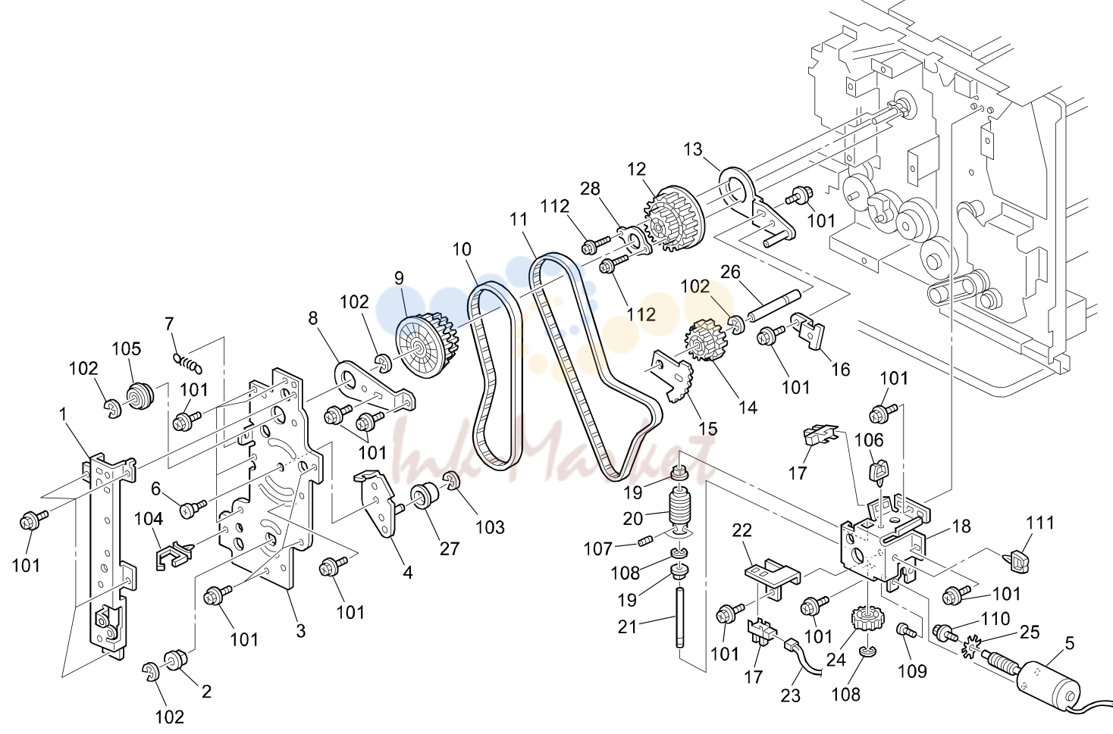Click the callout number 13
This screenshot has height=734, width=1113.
click(693, 149)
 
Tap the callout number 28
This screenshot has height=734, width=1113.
click(590, 189)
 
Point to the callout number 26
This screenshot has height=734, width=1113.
click(730, 273)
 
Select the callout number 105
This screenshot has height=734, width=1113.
click(127, 349)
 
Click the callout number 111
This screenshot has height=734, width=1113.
click(1040, 523)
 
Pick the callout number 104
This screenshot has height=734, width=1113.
click(149, 520)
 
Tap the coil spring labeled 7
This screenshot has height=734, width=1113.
click(187, 364)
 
